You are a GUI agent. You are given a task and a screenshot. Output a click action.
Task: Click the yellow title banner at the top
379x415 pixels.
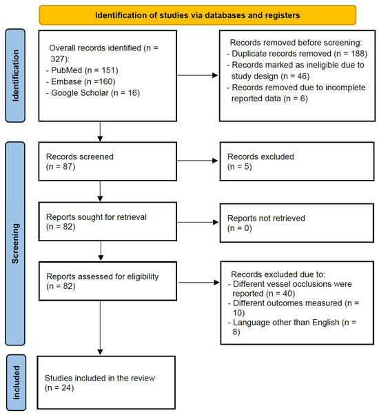click(197, 15)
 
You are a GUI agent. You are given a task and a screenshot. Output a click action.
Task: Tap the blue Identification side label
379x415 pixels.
click(15, 75)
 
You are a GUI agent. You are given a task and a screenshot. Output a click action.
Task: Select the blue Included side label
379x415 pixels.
click(16, 383)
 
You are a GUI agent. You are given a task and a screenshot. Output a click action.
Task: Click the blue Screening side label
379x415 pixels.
click(15, 243)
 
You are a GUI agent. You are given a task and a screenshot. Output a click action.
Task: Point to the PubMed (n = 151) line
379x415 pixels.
click(82, 70)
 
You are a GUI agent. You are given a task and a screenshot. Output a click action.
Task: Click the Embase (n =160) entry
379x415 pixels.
click(81, 81)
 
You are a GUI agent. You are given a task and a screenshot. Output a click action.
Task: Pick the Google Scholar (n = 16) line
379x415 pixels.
click(93, 93)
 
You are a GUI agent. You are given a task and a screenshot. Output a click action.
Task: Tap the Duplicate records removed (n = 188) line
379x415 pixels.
click(297, 54)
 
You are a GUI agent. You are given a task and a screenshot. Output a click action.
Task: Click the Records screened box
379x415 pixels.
click(107, 161)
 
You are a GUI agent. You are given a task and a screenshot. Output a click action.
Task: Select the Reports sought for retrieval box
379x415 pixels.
click(107, 221)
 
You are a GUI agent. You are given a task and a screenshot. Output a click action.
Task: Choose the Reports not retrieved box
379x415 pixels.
click(297, 223)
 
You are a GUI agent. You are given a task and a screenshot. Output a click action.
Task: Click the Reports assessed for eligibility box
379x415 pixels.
click(107, 281)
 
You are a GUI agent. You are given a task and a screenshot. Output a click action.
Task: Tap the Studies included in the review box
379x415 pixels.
click(106, 383)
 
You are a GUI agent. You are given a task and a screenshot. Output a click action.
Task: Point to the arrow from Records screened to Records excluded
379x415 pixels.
click(197, 161)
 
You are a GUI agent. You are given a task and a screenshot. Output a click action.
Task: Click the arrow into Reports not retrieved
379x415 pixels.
click(198, 222)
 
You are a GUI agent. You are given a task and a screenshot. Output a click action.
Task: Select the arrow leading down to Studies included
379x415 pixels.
click(100, 327)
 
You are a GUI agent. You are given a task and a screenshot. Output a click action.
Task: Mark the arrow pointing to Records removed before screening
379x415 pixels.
click(197, 75)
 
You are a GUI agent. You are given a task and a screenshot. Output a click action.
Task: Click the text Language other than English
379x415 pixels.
click(286, 323)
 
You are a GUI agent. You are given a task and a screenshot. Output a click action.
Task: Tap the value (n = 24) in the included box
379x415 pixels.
click(59, 387)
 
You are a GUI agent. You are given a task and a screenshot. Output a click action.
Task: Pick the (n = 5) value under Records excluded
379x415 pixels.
click(240, 167)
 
